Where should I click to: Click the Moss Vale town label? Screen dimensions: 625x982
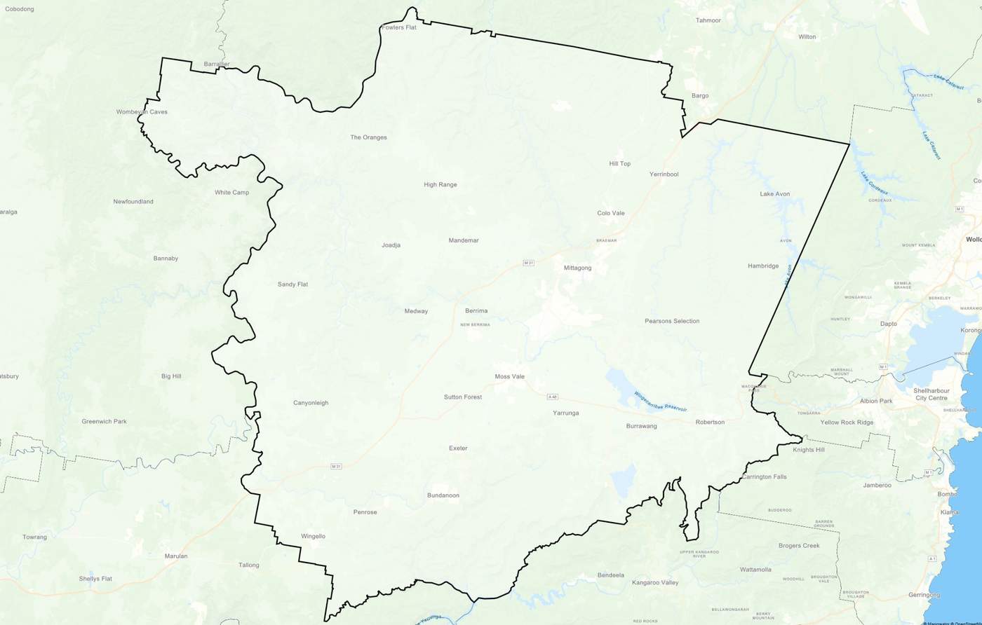point(509,376)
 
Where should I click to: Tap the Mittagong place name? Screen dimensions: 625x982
point(577,268)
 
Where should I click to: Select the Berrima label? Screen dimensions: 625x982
point(476,310)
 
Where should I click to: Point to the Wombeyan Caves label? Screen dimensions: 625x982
point(142,111)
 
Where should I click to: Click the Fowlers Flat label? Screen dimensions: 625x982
point(398,27)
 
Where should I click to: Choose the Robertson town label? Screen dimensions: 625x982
point(710,422)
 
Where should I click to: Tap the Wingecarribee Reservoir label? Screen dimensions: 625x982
point(659,401)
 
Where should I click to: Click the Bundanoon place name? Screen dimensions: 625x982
point(443,495)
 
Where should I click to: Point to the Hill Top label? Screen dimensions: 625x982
point(619,163)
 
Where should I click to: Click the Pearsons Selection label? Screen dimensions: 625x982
point(672,321)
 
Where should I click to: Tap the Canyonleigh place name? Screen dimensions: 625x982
point(310,403)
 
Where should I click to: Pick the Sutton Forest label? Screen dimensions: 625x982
point(462,397)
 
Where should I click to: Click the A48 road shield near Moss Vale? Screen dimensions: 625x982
point(553,397)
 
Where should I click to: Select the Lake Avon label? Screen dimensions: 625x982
point(774,193)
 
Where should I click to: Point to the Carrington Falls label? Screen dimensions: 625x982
point(764,476)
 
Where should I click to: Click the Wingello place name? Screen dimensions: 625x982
point(313,536)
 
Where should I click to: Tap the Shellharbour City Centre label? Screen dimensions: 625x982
point(931,394)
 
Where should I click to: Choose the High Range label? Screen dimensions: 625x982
point(440,185)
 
